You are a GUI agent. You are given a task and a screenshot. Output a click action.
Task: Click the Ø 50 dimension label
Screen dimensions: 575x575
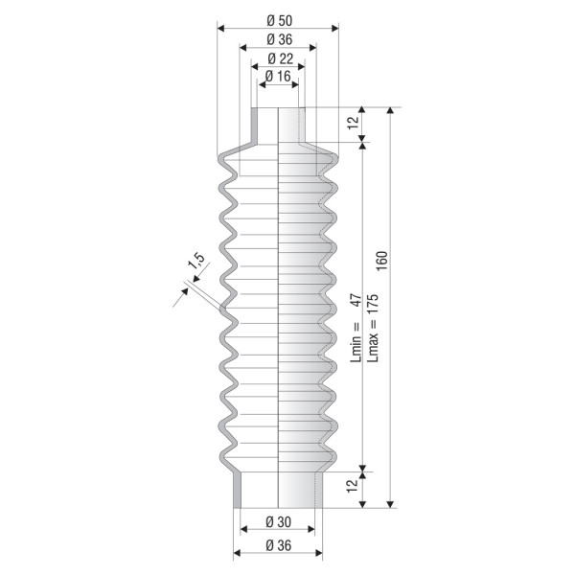pos(280,20)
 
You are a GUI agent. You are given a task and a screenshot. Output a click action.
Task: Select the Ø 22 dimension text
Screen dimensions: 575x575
pos(281,58)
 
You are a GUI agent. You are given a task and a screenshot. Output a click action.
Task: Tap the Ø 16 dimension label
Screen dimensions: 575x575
pos(278,77)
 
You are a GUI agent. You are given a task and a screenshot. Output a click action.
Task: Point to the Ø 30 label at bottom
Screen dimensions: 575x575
pos(278,522)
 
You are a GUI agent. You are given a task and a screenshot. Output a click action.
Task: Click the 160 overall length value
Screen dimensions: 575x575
pos(381,261)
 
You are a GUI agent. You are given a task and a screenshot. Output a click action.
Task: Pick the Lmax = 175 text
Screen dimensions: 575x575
pos(373,328)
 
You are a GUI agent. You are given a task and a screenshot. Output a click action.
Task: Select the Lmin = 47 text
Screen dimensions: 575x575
pos(356,328)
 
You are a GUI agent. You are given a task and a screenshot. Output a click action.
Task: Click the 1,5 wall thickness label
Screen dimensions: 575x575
pos(196,261)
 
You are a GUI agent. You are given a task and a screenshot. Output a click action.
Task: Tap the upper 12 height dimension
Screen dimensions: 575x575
pos(353,123)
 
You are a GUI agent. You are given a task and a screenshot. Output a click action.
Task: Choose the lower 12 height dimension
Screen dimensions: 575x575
pos(352,486)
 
